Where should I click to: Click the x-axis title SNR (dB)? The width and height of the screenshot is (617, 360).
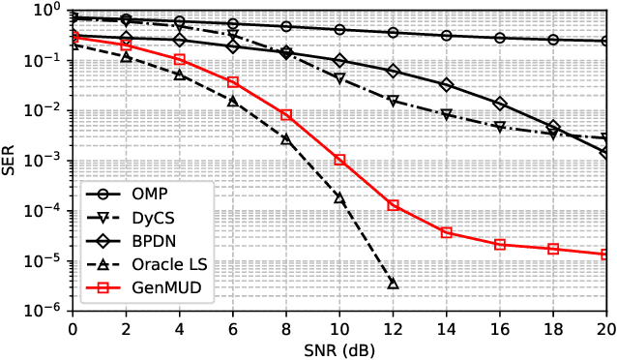coord(338,349)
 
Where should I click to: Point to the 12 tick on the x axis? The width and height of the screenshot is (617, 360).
coord(393,329)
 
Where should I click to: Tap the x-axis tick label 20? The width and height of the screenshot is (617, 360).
coord(606,329)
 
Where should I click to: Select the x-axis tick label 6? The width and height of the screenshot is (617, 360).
coord(232,329)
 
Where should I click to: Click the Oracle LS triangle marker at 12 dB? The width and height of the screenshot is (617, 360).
coord(393,284)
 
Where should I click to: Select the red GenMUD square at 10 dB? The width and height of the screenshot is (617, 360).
coord(339,160)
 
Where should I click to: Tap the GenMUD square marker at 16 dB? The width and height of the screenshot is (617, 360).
coord(500,245)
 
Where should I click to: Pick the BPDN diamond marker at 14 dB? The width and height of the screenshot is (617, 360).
coord(446,85)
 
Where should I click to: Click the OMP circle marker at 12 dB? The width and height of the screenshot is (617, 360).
coord(393,33)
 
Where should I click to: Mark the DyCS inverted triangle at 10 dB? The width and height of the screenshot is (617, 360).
coord(339,78)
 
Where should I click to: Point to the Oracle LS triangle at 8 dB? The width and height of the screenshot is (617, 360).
coord(286,139)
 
